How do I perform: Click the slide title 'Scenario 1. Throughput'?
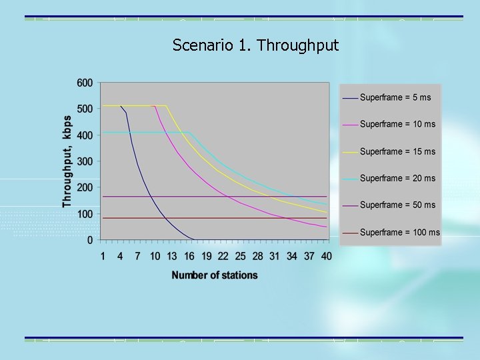255,45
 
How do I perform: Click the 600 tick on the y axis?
85,83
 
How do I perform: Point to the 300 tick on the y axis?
85,161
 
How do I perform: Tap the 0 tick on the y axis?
90,240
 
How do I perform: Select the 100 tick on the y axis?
85,214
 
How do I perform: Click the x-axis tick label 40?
325,256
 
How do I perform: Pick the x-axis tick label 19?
206,256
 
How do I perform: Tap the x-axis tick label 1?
103,256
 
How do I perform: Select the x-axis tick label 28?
257,256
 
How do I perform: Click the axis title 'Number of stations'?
214,275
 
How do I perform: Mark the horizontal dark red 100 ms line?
200,218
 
